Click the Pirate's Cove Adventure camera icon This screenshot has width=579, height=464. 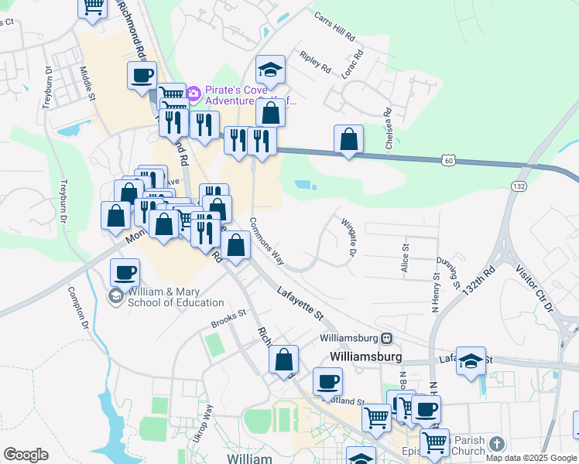(x=193, y=94)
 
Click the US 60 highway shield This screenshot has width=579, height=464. (x=448, y=160)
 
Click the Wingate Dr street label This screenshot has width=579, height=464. (x=348, y=237)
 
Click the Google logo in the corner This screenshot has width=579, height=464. (x=26, y=455)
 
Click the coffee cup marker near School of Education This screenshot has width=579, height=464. (x=125, y=272)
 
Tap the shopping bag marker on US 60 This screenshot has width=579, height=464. (x=349, y=140)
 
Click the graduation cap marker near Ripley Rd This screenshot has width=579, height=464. (x=270, y=70)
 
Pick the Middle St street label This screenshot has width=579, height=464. (x=86, y=84)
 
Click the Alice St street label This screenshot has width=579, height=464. (x=404, y=258)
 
